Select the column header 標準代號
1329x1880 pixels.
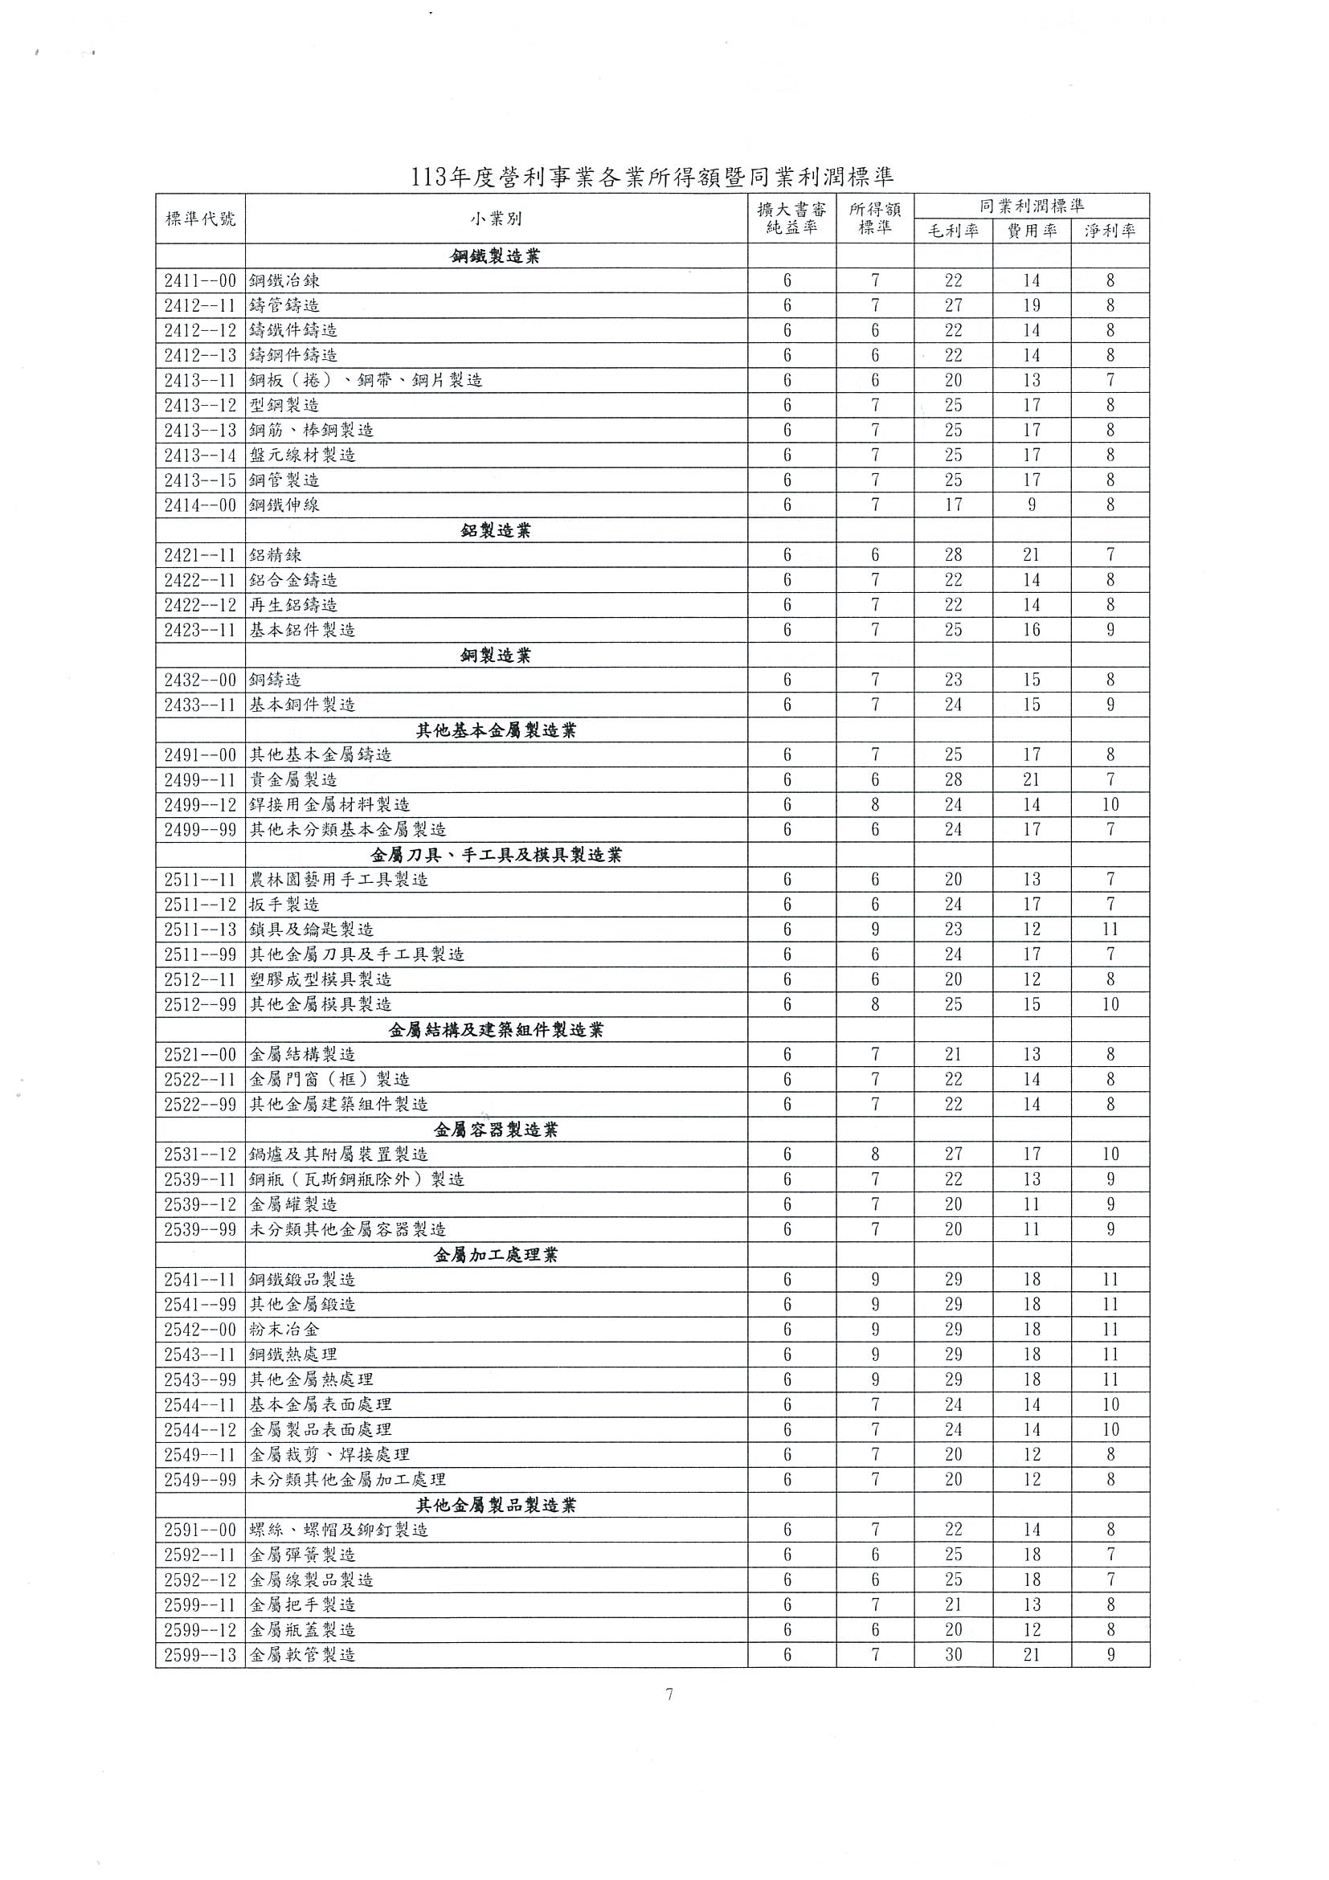click(x=200, y=219)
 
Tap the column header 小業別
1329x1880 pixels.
click(x=496, y=219)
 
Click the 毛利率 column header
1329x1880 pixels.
click(x=953, y=231)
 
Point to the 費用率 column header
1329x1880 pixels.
click(x=1032, y=231)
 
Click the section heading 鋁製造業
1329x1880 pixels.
click(x=496, y=530)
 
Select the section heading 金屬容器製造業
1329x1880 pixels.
click(x=496, y=1130)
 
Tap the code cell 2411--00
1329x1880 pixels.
click(x=200, y=281)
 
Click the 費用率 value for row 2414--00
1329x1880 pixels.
click(x=1032, y=505)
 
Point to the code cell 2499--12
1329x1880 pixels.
click(x=200, y=805)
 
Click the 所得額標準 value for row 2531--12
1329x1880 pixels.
click(x=874, y=1155)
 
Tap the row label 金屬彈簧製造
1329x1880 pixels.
click(x=303, y=1555)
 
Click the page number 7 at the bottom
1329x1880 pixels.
click(x=669, y=1694)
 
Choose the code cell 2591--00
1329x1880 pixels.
click(x=200, y=1530)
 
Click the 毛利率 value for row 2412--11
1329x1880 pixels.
click(x=953, y=305)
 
